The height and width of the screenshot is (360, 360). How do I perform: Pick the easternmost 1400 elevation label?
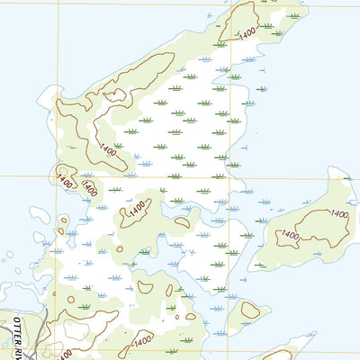(338, 214)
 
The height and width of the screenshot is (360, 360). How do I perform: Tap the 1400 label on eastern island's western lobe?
(289, 235)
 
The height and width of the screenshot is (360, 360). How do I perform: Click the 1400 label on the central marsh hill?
(136, 208)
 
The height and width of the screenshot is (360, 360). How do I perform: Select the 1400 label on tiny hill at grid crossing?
(64, 179)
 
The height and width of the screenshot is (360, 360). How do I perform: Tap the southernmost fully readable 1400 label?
(143, 342)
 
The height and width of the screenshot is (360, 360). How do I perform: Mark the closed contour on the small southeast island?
(249, 310)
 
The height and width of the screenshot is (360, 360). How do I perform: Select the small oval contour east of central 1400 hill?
(183, 221)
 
